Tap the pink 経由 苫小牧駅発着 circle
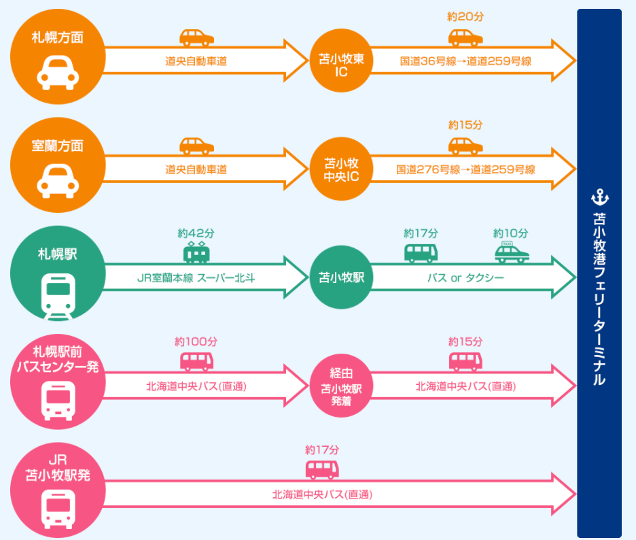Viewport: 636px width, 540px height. [341, 386]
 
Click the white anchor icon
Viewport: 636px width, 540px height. [600, 197]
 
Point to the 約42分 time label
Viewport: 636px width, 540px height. [196, 233]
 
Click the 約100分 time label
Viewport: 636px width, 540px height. [196, 341]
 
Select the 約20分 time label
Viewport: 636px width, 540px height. [465, 17]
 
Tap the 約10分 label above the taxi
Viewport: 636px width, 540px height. [510, 233]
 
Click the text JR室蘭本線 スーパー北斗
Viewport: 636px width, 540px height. [196, 277]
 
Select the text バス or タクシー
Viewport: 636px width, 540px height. [465, 277]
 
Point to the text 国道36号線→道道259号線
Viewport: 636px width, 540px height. [465, 61]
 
